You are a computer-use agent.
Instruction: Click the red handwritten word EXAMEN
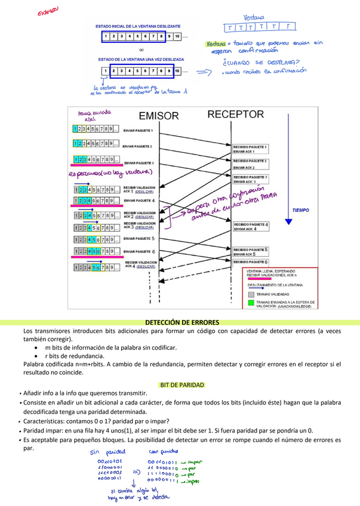(x=48, y=12)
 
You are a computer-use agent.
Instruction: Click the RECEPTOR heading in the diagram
(x=235, y=114)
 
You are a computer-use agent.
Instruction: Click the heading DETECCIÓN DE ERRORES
(x=180, y=322)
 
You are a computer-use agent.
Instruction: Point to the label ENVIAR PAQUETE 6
(x=139, y=251)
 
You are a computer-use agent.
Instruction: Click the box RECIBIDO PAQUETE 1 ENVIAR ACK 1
(x=250, y=149)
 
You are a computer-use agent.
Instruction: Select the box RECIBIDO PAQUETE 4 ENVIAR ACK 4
(x=251, y=227)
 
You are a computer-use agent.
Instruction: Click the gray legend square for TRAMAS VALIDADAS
(x=251, y=294)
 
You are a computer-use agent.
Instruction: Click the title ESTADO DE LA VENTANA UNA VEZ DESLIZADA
(x=141, y=60)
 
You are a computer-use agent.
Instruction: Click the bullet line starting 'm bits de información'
(x=110, y=347)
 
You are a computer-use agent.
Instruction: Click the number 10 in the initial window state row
(x=178, y=37)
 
